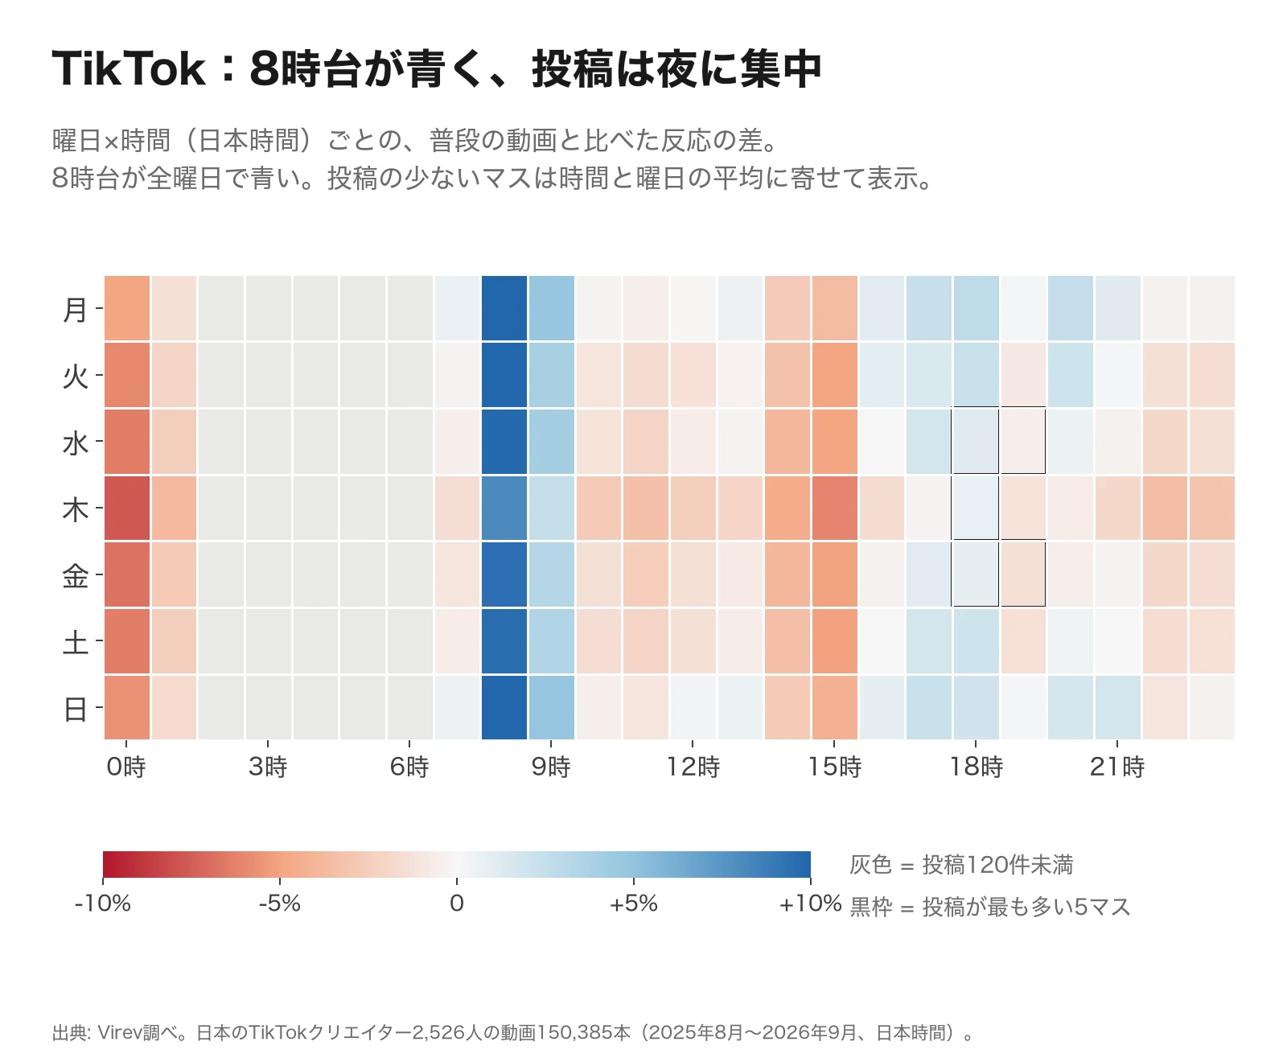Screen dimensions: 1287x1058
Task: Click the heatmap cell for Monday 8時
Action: pyautogui.click(x=504, y=307)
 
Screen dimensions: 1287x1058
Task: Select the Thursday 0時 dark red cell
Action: pyautogui.click(x=126, y=508)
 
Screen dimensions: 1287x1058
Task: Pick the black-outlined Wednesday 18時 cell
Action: pyautogui.click(x=975, y=441)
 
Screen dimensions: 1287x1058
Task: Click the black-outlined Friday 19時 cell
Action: pyautogui.click(x=1022, y=574)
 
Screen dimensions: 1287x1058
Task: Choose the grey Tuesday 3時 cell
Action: pyautogui.click(x=268, y=374)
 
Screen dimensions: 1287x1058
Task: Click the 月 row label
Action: pyautogui.click(x=75, y=310)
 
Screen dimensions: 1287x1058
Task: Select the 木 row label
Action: pyautogui.click(x=75, y=509)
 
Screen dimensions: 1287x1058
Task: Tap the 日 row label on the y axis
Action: pyautogui.click(x=75, y=709)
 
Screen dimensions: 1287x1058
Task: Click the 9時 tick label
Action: pyautogui.click(x=550, y=767)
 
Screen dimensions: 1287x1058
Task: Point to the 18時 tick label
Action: pyautogui.click(x=976, y=767)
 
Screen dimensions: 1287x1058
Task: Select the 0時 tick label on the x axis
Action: pyautogui.click(x=126, y=767)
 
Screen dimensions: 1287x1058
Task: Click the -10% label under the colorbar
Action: pyautogui.click(x=102, y=903)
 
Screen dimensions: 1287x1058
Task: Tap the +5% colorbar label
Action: pyautogui.click(x=633, y=903)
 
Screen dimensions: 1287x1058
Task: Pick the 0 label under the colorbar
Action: pyautogui.click(x=456, y=903)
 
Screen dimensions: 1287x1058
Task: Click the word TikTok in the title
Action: pyautogui.click(x=129, y=68)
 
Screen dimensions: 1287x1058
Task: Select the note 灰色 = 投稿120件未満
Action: pyautogui.click(x=961, y=864)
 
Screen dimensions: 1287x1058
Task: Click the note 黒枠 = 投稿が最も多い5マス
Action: pyautogui.click(x=990, y=907)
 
